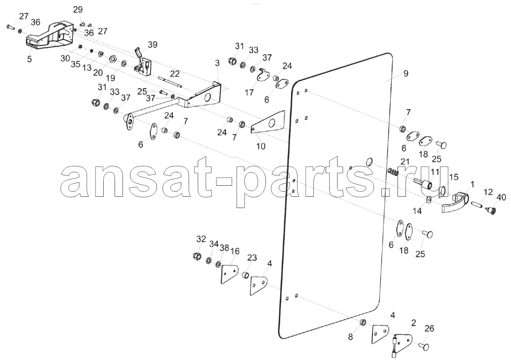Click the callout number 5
point(29,59)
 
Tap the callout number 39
point(152,45)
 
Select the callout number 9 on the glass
point(406,74)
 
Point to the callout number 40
point(501,197)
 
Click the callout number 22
point(175,74)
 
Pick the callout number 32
point(201,239)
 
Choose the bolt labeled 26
point(424,347)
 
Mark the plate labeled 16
point(230,274)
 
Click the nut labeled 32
point(197,256)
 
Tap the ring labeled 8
point(363,323)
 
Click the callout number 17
point(249,93)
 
